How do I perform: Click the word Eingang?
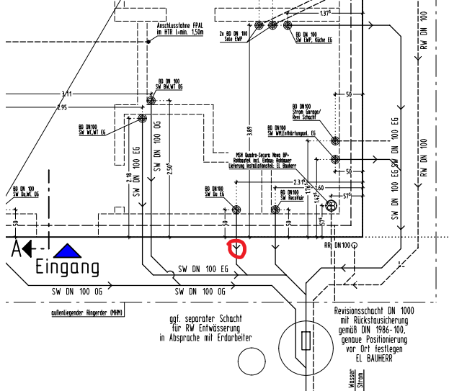(x=68, y=268)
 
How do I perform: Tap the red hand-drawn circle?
(x=236, y=249)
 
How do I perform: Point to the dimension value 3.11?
(x=67, y=94)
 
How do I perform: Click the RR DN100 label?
(x=337, y=246)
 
